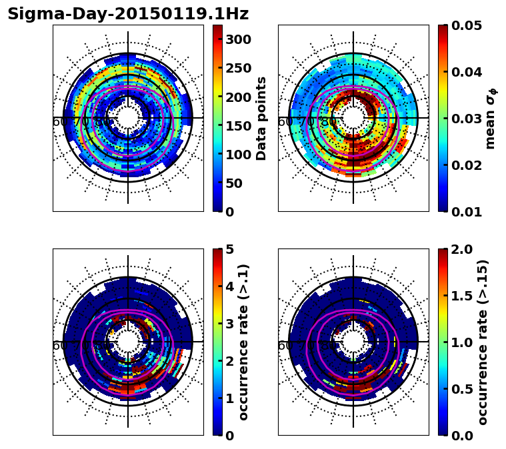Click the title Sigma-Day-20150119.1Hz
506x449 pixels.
click(127, 14)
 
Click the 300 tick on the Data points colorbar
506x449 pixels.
click(238, 39)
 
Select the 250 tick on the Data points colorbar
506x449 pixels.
click(238, 68)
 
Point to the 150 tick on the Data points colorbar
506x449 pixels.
click(238, 125)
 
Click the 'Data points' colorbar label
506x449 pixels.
click(261, 118)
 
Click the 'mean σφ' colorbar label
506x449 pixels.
click(490, 118)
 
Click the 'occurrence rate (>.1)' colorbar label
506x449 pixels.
click(244, 342)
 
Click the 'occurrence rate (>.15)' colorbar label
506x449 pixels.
click(483, 342)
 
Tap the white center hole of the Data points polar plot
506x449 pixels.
click(128, 118)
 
